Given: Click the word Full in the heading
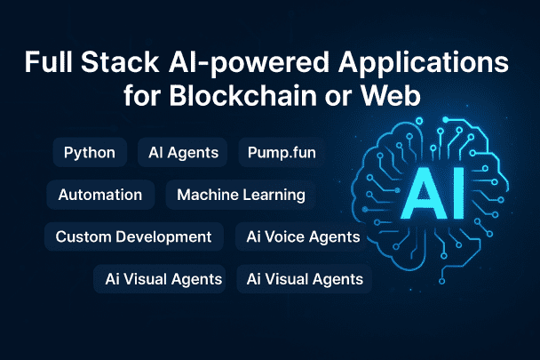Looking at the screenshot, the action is [49, 62].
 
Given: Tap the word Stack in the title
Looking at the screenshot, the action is [120, 62].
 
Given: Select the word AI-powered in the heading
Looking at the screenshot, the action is [249, 64].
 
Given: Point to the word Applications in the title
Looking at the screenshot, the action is [424, 64].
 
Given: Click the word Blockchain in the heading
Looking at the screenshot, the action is [242, 95].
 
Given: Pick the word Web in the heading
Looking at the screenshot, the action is [390, 95].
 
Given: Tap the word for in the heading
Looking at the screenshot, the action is [141, 95].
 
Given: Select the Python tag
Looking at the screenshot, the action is [90, 152].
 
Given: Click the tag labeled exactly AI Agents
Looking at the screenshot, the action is [183, 152].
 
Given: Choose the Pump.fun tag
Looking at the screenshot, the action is [282, 152].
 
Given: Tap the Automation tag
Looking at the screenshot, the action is [100, 195].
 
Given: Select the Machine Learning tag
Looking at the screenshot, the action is [241, 195].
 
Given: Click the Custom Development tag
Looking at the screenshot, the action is [133, 236].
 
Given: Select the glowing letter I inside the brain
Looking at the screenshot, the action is [459, 194].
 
